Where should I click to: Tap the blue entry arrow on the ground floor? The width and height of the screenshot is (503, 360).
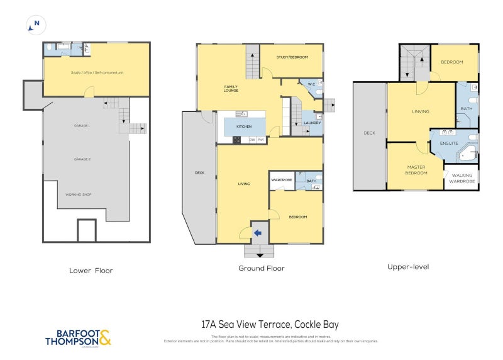(x=258, y=233)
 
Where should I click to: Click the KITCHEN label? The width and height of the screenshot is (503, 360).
(x=244, y=127)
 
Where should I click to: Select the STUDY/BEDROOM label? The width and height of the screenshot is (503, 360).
(x=292, y=57)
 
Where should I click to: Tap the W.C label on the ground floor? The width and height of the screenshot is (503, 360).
(x=311, y=84)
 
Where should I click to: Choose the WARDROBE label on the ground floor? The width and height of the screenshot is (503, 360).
(x=281, y=181)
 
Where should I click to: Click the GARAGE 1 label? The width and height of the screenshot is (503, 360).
(x=82, y=126)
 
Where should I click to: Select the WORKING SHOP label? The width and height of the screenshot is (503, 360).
(x=79, y=194)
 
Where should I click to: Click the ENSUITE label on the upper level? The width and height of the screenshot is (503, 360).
(x=449, y=143)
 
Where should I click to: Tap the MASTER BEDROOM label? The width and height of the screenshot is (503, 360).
(x=416, y=170)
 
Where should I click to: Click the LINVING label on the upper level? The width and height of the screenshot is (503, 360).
(x=420, y=111)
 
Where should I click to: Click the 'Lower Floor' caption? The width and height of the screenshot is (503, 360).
(x=91, y=270)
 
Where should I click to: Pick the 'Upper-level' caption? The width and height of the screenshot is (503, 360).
(x=408, y=266)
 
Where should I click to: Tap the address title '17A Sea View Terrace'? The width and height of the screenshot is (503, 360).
(x=270, y=325)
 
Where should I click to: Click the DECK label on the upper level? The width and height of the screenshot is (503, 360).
(x=369, y=133)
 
